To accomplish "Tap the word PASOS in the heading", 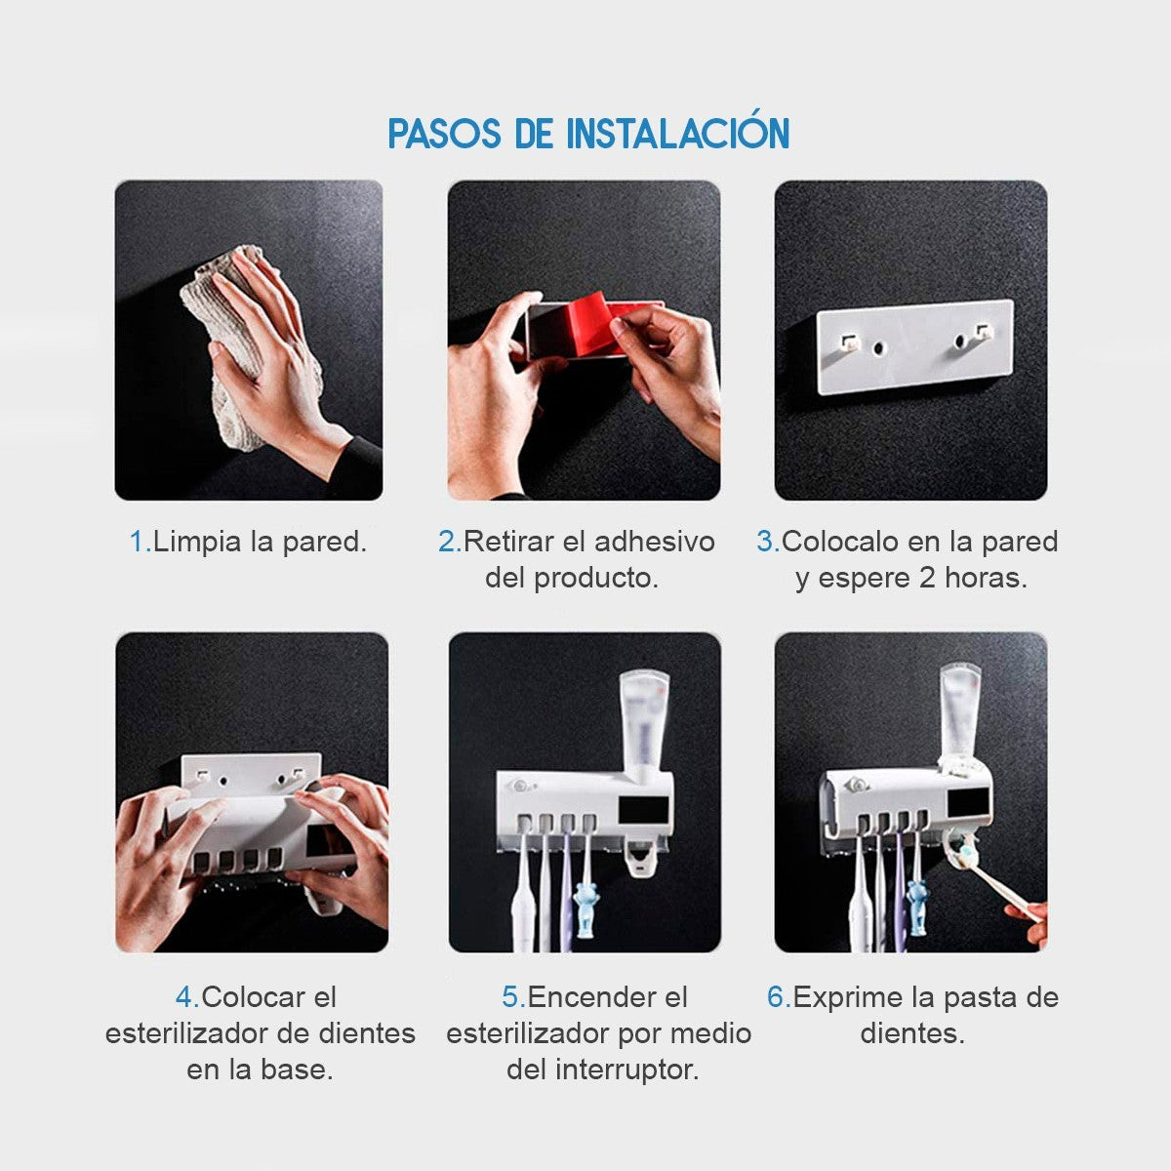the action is (445, 134).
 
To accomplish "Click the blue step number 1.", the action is (139, 542).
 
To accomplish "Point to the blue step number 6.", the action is (777, 997).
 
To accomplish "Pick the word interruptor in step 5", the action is (627, 1070).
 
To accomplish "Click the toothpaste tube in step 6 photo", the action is (961, 718).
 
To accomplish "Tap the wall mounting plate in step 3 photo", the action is (915, 347).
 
